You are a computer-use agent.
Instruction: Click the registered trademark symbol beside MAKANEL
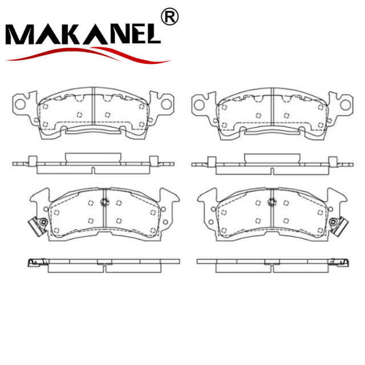click(170, 17)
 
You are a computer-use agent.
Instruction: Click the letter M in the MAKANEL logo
click(21, 34)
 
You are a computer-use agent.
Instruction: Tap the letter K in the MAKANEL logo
click(74, 34)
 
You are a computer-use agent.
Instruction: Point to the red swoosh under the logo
click(88, 55)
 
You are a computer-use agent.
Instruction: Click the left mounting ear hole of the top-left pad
click(21, 104)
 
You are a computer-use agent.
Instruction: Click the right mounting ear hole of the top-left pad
click(167, 104)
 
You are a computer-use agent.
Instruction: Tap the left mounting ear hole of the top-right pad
click(199, 105)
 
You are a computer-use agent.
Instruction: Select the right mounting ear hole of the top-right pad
click(346, 105)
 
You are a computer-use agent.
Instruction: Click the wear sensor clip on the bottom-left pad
click(38, 226)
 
